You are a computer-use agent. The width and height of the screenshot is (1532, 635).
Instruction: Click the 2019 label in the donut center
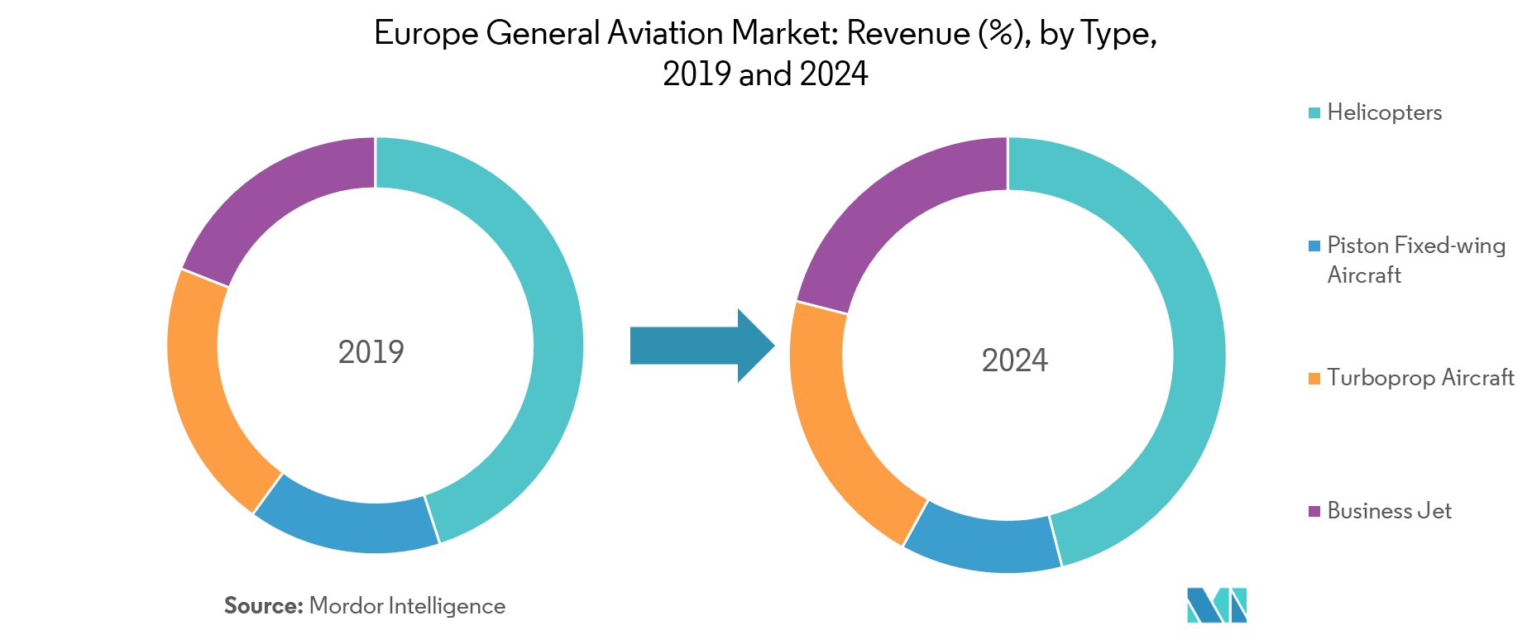click(371, 352)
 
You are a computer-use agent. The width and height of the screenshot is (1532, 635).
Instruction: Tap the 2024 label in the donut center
click(1014, 360)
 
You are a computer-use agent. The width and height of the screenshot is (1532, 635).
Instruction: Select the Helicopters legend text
click(1384, 112)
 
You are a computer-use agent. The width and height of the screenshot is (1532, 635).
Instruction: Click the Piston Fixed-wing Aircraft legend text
click(1415, 260)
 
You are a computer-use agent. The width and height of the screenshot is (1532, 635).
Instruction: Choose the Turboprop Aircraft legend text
click(1420, 378)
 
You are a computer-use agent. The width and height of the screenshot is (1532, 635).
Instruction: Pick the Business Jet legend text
click(1389, 511)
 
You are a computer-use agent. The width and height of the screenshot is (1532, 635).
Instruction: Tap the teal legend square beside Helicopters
click(1314, 113)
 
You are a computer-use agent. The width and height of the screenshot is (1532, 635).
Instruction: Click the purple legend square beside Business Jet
click(1314, 512)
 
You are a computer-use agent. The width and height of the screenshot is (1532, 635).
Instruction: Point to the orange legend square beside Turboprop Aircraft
click(1314, 379)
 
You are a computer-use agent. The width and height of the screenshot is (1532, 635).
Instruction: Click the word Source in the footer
click(263, 606)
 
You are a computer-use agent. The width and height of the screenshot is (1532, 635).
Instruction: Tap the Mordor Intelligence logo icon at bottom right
click(1216, 605)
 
